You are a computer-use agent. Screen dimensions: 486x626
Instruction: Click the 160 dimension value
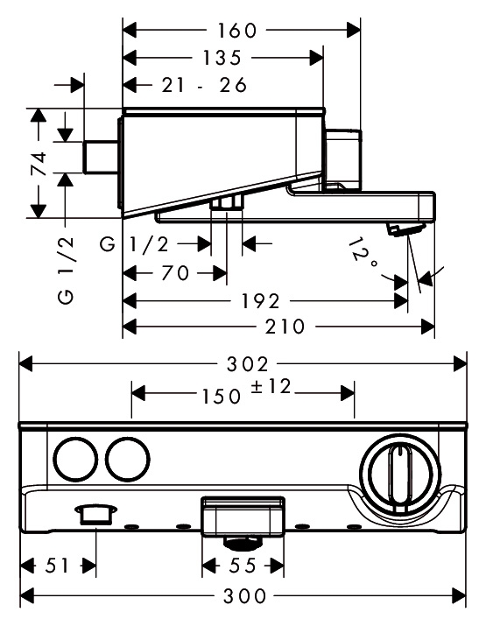coord(236,31)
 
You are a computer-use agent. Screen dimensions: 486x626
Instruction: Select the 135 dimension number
coord(222,58)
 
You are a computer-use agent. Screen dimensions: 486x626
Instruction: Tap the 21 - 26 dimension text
coord(204,85)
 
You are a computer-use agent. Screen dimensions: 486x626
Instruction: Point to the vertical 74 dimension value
coord(39,164)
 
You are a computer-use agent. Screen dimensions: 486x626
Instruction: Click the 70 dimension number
coord(175,273)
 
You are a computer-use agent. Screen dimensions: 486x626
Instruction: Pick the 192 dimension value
coord(260,301)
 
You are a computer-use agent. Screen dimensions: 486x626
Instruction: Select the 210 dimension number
coord(285,327)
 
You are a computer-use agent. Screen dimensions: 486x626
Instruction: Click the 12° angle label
coord(362,253)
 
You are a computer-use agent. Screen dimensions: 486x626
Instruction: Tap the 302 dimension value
coord(248,364)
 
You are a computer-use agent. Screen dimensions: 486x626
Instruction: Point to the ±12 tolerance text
coord(271,386)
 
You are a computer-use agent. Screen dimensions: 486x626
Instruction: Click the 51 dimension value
coord(57,566)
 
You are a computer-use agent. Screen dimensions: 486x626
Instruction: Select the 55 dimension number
coord(243,566)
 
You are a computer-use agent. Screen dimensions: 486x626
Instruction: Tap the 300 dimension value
coord(245,596)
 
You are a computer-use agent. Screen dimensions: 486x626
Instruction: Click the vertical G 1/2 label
coord(67,270)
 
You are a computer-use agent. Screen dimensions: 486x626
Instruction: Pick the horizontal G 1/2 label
coord(135,244)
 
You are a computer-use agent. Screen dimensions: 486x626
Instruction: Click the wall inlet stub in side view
coord(100,157)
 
